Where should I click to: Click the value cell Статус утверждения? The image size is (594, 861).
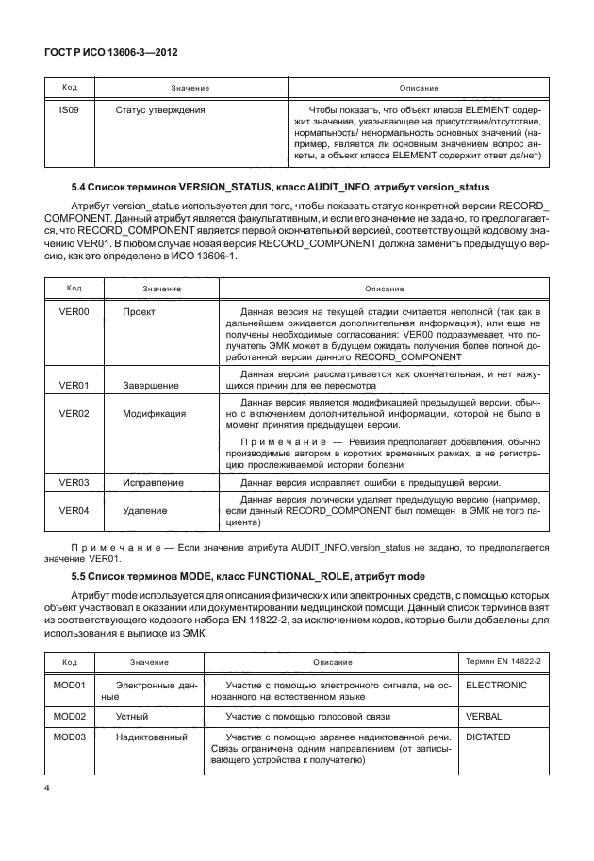[160, 109]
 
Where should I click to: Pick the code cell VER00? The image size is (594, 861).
[74, 310]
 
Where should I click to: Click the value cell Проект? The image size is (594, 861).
[139, 310]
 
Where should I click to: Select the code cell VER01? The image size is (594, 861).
[74, 385]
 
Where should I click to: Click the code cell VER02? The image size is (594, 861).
[74, 413]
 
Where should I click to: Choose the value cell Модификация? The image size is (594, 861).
[154, 413]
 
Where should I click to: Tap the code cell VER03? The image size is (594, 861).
[74, 482]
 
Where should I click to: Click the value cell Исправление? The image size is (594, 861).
[153, 482]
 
